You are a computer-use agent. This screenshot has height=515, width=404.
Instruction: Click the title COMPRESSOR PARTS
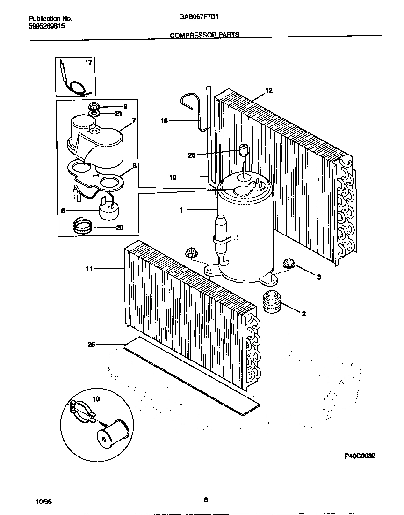204,35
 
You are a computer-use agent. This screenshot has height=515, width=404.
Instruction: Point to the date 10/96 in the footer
43,501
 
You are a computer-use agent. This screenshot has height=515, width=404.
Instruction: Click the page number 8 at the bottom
206,500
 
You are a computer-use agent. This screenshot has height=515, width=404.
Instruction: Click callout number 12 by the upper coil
269,90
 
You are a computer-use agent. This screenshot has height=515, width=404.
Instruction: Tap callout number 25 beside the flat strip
91,345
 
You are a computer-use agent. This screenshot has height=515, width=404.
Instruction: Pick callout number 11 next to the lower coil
89,269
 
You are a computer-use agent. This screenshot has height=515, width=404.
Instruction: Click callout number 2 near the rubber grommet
303,314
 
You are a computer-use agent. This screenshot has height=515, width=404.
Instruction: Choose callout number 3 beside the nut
319,277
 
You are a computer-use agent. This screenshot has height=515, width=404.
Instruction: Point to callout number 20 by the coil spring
120,228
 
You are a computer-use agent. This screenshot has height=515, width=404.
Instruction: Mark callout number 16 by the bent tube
164,121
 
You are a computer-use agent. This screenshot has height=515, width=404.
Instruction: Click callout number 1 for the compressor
181,210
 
